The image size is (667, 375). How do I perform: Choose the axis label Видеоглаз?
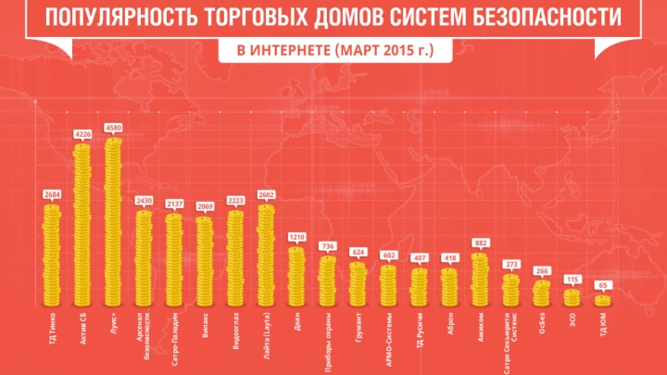pyautogui.click(x=235, y=331)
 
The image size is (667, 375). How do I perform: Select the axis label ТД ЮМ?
pyautogui.click(x=603, y=323)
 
